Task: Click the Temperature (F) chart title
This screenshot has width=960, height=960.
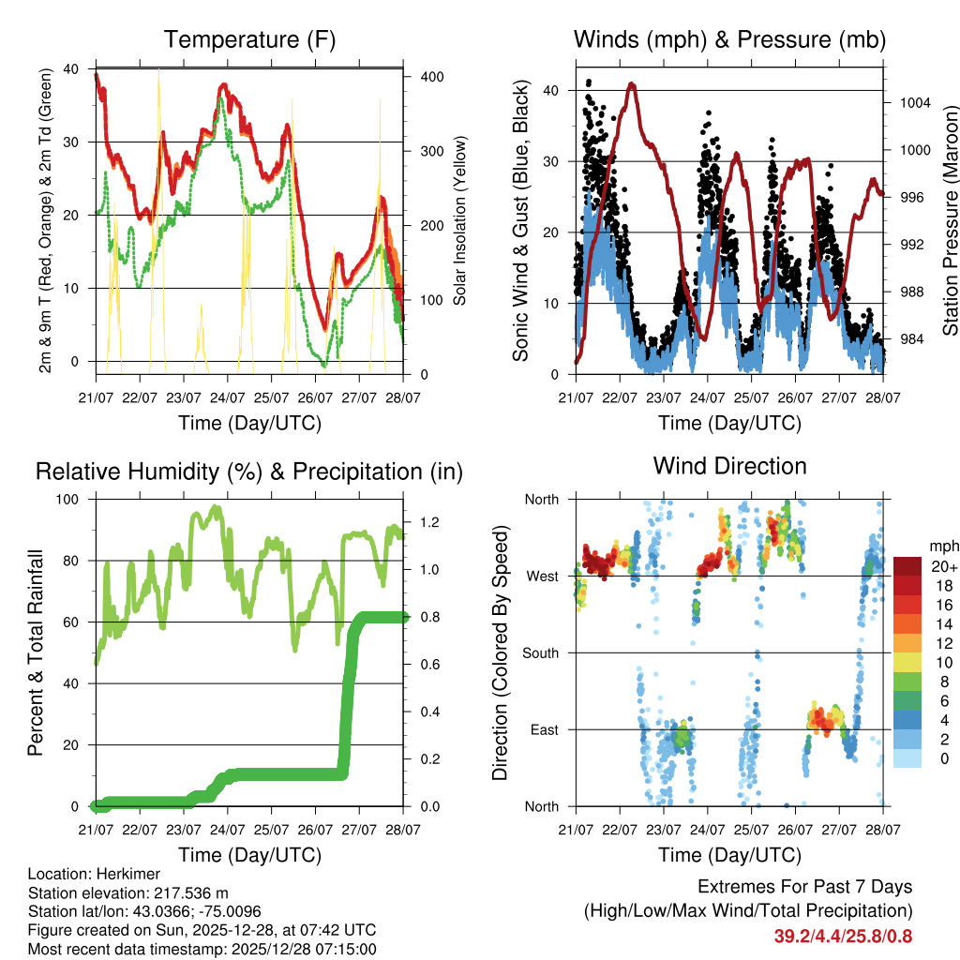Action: pos(249,40)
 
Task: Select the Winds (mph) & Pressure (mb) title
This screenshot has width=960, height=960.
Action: pos(730,40)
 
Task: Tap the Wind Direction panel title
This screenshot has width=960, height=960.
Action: pos(730,466)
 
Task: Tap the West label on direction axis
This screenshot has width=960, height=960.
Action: pos(541,576)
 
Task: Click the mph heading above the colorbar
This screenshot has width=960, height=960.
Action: pos(943,547)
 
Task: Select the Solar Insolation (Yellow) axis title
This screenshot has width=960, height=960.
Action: pos(460,221)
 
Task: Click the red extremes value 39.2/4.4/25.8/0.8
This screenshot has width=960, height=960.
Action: pos(843,936)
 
